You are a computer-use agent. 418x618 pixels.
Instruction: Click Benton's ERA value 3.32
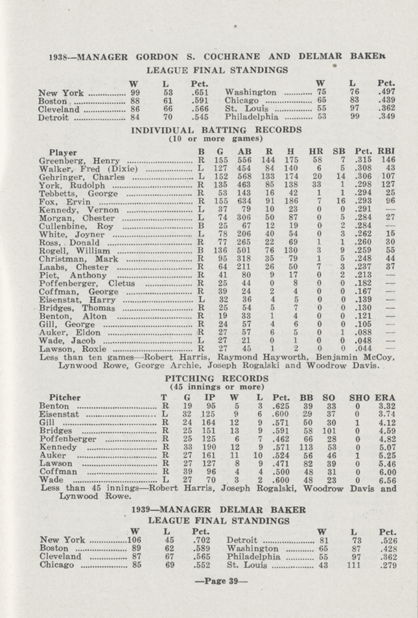pos(388,406)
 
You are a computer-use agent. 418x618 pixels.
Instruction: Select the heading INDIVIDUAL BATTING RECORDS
pos(209,130)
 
